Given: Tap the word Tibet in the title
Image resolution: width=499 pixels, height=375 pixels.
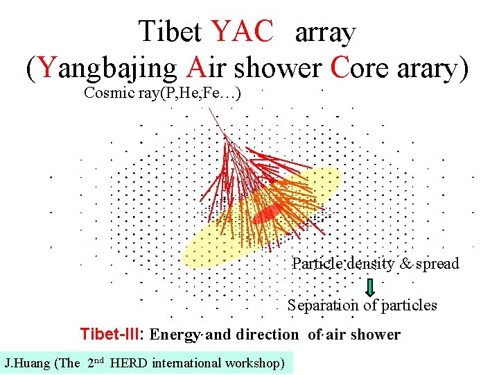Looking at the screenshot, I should (170, 31).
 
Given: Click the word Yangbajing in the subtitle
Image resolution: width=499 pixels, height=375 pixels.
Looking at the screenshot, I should (106, 67).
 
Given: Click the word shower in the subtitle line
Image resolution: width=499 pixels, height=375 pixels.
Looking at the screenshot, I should (277, 67).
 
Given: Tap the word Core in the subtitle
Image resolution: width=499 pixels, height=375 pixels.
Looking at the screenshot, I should (358, 67).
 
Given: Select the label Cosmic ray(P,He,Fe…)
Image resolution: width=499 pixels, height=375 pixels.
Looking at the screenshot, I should (162, 93).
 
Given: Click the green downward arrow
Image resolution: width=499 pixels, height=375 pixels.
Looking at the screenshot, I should (370, 286).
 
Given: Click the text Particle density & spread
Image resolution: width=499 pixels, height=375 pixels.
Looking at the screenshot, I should (375, 264).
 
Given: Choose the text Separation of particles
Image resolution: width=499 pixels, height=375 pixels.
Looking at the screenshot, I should (362, 306).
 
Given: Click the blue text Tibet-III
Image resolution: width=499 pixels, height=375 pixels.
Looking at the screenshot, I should (111, 334).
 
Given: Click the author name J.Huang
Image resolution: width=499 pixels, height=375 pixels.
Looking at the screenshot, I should (26, 362).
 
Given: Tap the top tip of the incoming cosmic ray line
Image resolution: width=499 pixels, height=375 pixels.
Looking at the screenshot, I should (209, 108).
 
